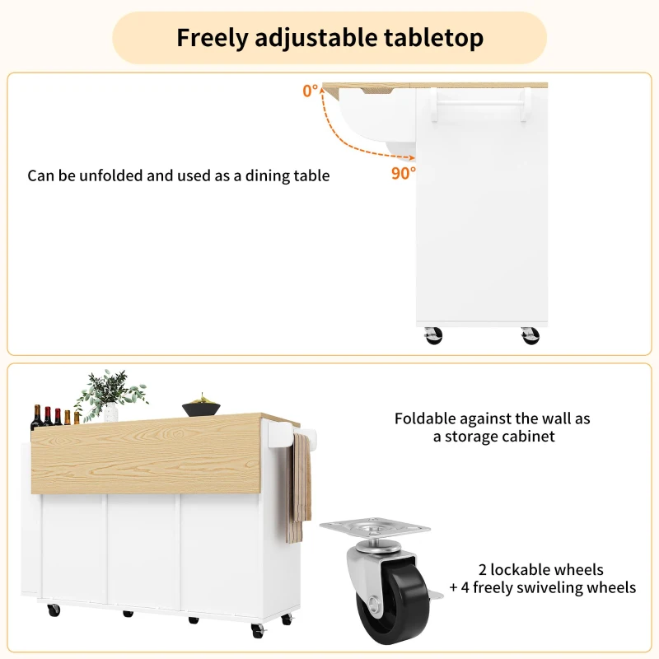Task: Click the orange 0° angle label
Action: [310, 91]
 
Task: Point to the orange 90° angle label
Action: [403, 173]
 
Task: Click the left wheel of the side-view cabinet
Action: [433, 334]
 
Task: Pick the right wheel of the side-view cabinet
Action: [529, 334]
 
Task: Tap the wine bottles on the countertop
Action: [54, 418]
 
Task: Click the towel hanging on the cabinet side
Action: [299, 486]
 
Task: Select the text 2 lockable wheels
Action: [541, 570]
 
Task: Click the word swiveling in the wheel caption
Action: [563, 588]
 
